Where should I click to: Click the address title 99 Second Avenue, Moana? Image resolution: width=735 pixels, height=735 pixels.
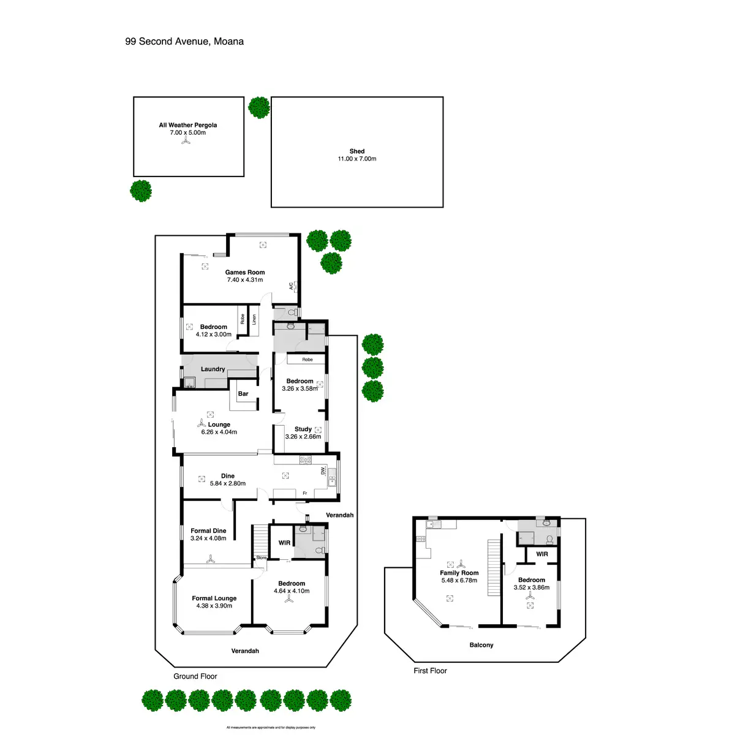[x=184, y=42]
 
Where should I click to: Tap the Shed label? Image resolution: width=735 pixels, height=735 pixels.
[x=357, y=151]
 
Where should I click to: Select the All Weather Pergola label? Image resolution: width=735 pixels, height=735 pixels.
[x=188, y=125]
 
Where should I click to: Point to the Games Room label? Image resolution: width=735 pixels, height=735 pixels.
[x=245, y=273]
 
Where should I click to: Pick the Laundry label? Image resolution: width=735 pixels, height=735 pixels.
[x=213, y=369]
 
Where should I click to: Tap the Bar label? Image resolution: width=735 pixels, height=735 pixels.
[x=243, y=394]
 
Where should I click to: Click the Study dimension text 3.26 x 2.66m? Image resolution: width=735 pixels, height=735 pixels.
[x=303, y=437]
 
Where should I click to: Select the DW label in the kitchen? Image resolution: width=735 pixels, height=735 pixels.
[x=323, y=471]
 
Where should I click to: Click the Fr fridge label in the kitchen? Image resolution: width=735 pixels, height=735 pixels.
[x=304, y=493]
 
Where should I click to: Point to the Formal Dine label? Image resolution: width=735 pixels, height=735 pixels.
[x=208, y=531]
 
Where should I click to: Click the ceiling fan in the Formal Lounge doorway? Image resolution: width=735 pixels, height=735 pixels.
[x=210, y=559]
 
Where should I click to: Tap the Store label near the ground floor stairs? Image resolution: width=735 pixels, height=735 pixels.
[x=262, y=558]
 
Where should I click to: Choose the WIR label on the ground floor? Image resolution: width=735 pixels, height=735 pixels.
[x=284, y=543]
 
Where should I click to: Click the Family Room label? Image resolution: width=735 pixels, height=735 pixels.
[x=459, y=573]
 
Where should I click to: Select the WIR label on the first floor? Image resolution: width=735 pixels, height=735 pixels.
[x=542, y=554]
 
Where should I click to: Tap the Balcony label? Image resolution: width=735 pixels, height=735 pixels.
[x=481, y=645]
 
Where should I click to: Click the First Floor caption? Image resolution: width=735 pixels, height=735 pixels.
[x=430, y=671]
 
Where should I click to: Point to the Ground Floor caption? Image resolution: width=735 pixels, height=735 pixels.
[x=195, y=676]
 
